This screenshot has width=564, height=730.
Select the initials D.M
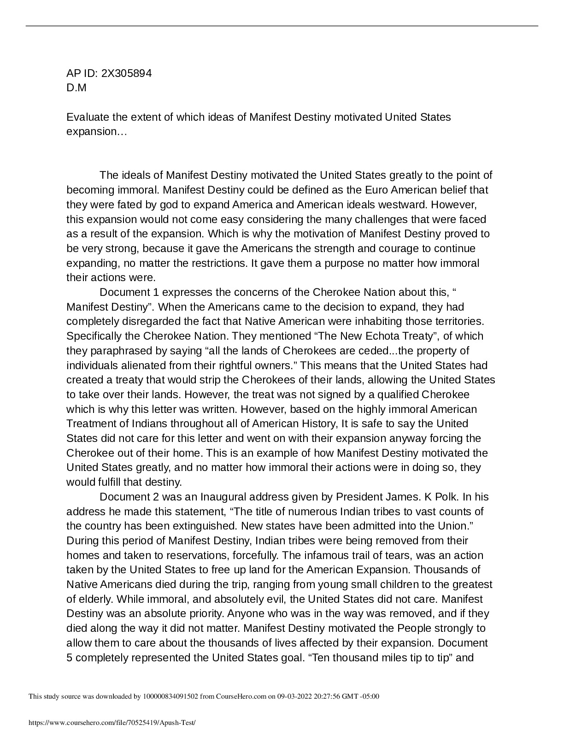pyautogui.click(x=76, y=88)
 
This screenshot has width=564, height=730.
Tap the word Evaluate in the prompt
pyautogui.click(x=87, y=117)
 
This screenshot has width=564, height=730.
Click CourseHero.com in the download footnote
pyautogui.click(x=239, y=696)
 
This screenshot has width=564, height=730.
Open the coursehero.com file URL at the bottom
pyautogui.click(x=112, y=723)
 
